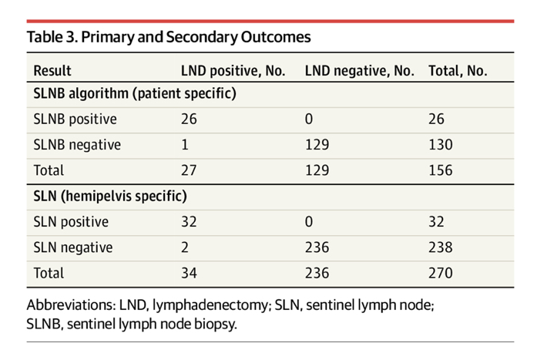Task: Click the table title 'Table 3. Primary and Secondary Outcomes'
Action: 169,37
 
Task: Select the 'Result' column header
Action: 52,70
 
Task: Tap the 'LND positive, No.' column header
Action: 233,70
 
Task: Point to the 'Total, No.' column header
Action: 458,70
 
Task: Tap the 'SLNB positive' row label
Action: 75,119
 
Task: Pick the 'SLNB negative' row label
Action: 77,145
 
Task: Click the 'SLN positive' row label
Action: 70,222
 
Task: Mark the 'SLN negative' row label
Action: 72,247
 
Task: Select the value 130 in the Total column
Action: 441,145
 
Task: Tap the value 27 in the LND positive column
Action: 189,170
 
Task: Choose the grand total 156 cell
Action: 441,170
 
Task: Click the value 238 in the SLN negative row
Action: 441,247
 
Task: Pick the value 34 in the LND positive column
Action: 189,273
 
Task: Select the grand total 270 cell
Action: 441,273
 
